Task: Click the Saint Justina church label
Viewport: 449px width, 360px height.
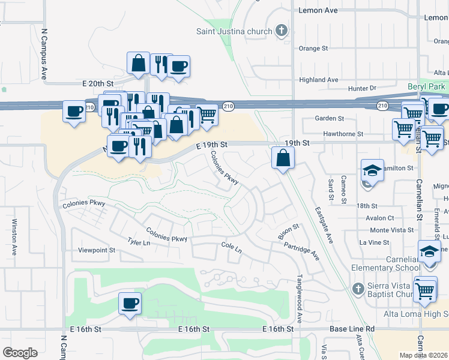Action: coord(235,31)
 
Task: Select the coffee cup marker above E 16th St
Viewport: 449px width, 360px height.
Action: coord(130,302)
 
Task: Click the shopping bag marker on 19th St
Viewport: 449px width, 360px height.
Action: coord(282,158)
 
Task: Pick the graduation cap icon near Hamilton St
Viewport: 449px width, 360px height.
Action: coord(372,170)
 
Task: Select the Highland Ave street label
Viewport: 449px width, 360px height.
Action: coord(319,80)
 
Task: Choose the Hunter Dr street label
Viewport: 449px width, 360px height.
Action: coord(361,88)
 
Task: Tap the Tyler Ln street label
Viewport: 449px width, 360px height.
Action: coord(138,241)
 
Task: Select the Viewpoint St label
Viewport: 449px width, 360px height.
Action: coord(96,250)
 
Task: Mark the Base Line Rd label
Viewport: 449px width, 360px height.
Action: coord(352,329)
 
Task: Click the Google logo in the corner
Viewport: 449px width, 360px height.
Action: coord(20,353)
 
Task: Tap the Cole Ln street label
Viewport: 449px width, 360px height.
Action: coord(231,247)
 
